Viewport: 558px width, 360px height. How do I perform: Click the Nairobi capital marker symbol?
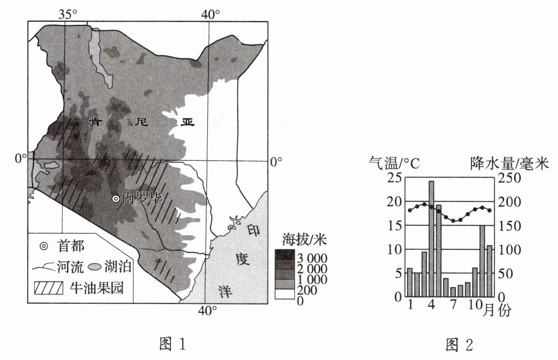coord(115,199)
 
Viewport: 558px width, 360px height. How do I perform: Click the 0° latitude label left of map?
coord(20,158)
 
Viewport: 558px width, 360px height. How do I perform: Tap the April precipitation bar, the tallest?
coord(431,239)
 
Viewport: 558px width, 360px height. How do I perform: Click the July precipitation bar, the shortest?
coord(453,292)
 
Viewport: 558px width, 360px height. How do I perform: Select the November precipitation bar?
coord(482,261)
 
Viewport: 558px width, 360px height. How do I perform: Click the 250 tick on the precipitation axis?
coord(509,178)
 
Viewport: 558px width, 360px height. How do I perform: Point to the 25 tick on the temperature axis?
coord(394,178)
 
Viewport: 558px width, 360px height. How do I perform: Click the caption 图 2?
coord(459,345)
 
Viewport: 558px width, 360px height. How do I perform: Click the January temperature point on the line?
coord(410,210)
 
